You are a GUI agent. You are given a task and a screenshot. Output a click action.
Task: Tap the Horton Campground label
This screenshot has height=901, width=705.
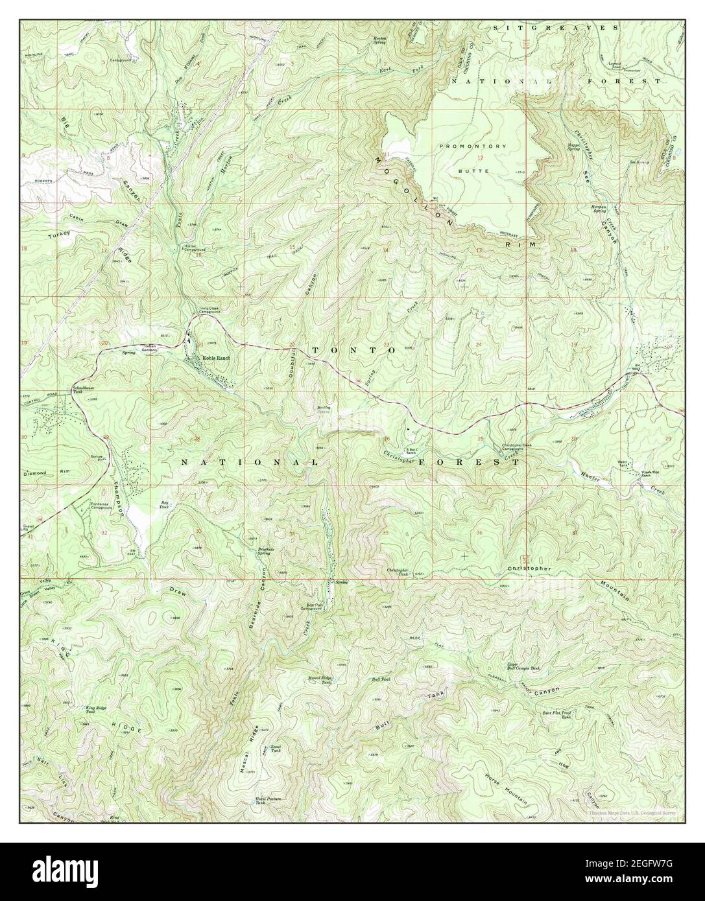point(191,248)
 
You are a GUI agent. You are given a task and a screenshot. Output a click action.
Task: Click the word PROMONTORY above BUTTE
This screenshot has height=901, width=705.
point(477,146)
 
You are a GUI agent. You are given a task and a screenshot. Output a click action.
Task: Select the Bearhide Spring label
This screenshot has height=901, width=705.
point(263,550)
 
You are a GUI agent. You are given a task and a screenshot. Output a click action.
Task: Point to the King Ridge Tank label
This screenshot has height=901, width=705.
point(96,710)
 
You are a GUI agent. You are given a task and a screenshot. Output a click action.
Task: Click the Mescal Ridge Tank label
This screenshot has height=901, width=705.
point(320,681)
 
